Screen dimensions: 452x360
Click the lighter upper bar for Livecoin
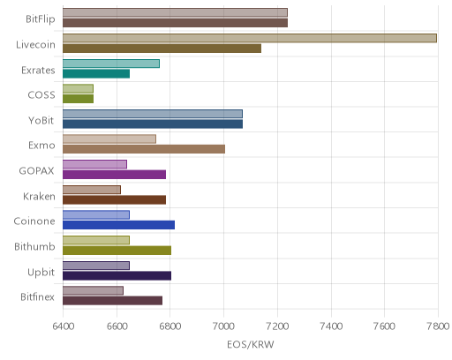(x=250, y=38)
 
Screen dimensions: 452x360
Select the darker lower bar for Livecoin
(x=162, y=49)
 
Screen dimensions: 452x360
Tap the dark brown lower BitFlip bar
(x=175, y=23)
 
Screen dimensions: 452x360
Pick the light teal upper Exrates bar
(x=111, y=64)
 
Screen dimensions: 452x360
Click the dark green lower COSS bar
(x=78, y=99)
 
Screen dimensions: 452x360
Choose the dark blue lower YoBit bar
(x=153, y=124)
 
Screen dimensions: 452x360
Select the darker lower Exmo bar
(x=144, y=149)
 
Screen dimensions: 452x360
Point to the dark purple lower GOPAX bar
(x=114, y=175)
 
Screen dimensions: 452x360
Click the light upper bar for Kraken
(x=92, y=190)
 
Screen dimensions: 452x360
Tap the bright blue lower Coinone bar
(x=118, y=225)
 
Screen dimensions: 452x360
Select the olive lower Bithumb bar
(x=117, y=251)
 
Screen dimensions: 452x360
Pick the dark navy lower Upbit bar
(x=117, y=276)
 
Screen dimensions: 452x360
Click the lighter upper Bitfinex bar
(x=93, y=290)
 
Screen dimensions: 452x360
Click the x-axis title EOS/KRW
(x=251, y=344)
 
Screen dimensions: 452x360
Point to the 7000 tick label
(x=223, y=326)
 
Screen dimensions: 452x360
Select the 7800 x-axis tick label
(x=438, y=326)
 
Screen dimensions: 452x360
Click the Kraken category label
(x=39, y=196)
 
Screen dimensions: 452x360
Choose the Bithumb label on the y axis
(x=34, y=246)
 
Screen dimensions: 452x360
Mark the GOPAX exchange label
(x=37, y=171)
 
